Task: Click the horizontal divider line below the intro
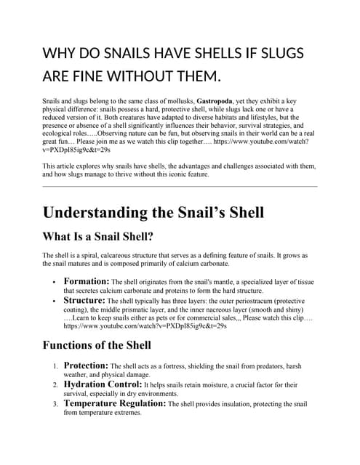pyautogui.click(x=180, y=187)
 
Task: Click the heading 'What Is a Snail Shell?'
pyautogui.click(x=98, y=236)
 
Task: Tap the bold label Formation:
pyautogui.click(x=87, y=280)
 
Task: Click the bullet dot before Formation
pyautogui.click(x=54, y=282)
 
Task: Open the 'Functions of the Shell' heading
pyautogui.click(x=97, y=344)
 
